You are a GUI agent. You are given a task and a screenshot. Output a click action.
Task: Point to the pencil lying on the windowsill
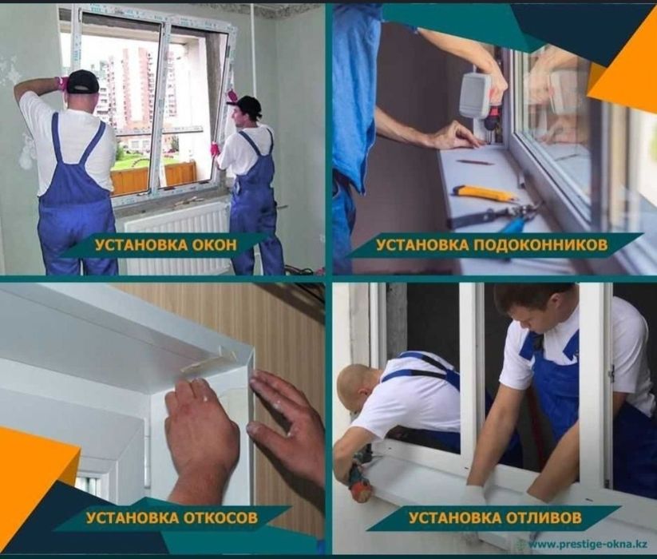(474, 162)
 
